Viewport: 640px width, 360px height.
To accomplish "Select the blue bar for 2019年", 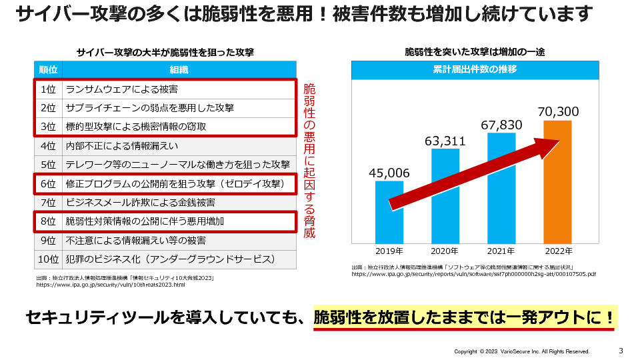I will click(389, 211).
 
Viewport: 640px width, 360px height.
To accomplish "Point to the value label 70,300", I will click(558, 111).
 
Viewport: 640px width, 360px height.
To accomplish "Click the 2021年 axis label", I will click(501, 251).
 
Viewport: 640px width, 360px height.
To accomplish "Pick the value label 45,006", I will click(389, 173).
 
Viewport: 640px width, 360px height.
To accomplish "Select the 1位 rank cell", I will click(48, 89).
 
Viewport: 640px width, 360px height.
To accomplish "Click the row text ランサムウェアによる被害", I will click(121, 89).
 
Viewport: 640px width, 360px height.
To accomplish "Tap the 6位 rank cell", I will click(48, 183).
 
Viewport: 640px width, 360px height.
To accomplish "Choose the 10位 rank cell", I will click(48, 259).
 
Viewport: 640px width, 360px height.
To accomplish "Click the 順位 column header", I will click(48, 69).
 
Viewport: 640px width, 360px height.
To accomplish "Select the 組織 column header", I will click(179, 69).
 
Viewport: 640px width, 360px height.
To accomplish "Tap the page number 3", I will click(621, 351).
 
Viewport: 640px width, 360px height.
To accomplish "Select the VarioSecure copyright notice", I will click(521, 351).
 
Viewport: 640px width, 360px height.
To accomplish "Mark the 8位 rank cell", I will click(48, 221).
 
